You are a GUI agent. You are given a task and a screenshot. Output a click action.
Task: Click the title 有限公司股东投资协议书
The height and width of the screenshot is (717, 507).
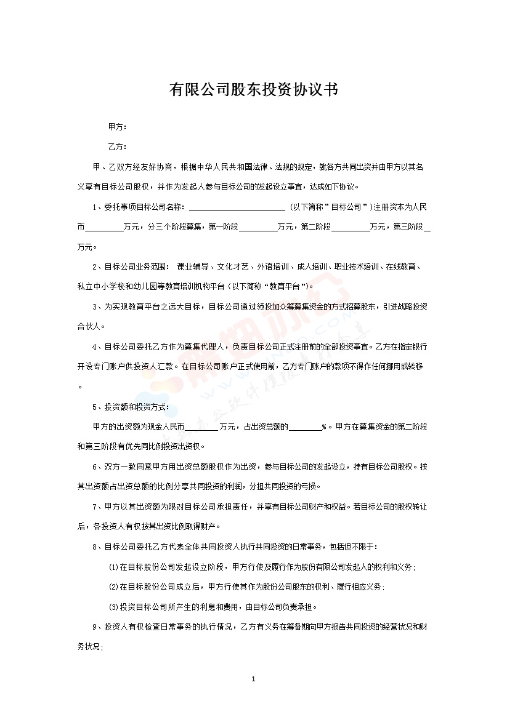[x=253, y=90]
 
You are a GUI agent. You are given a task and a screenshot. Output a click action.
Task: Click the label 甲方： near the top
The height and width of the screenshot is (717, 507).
[x=118, y=127]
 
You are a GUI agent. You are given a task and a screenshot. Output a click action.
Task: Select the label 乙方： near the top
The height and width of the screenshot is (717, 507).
[x=118, y=147]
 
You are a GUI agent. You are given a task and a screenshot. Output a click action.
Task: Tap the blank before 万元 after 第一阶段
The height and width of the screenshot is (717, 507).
[x=258, y=227]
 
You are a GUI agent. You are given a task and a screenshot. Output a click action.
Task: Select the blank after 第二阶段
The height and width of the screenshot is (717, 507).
[x=350, y=227]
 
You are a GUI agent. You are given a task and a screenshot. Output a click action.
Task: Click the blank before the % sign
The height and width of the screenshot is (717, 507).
[x=305, y=427]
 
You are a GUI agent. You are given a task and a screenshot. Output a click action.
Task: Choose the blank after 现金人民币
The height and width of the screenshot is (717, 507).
[x=201, y=427]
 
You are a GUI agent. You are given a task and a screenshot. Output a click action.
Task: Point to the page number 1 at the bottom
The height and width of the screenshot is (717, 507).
[x=254, y=680]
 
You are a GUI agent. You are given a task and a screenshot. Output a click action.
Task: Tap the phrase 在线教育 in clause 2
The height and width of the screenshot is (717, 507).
[x=402, y=267]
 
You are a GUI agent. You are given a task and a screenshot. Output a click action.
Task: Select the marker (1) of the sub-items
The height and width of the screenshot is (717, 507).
[x=113, y=567]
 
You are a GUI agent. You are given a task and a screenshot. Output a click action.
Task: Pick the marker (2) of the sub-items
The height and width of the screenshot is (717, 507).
[x=113, y=587]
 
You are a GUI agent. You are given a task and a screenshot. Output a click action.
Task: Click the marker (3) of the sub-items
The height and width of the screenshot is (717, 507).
[x=113, y=607]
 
